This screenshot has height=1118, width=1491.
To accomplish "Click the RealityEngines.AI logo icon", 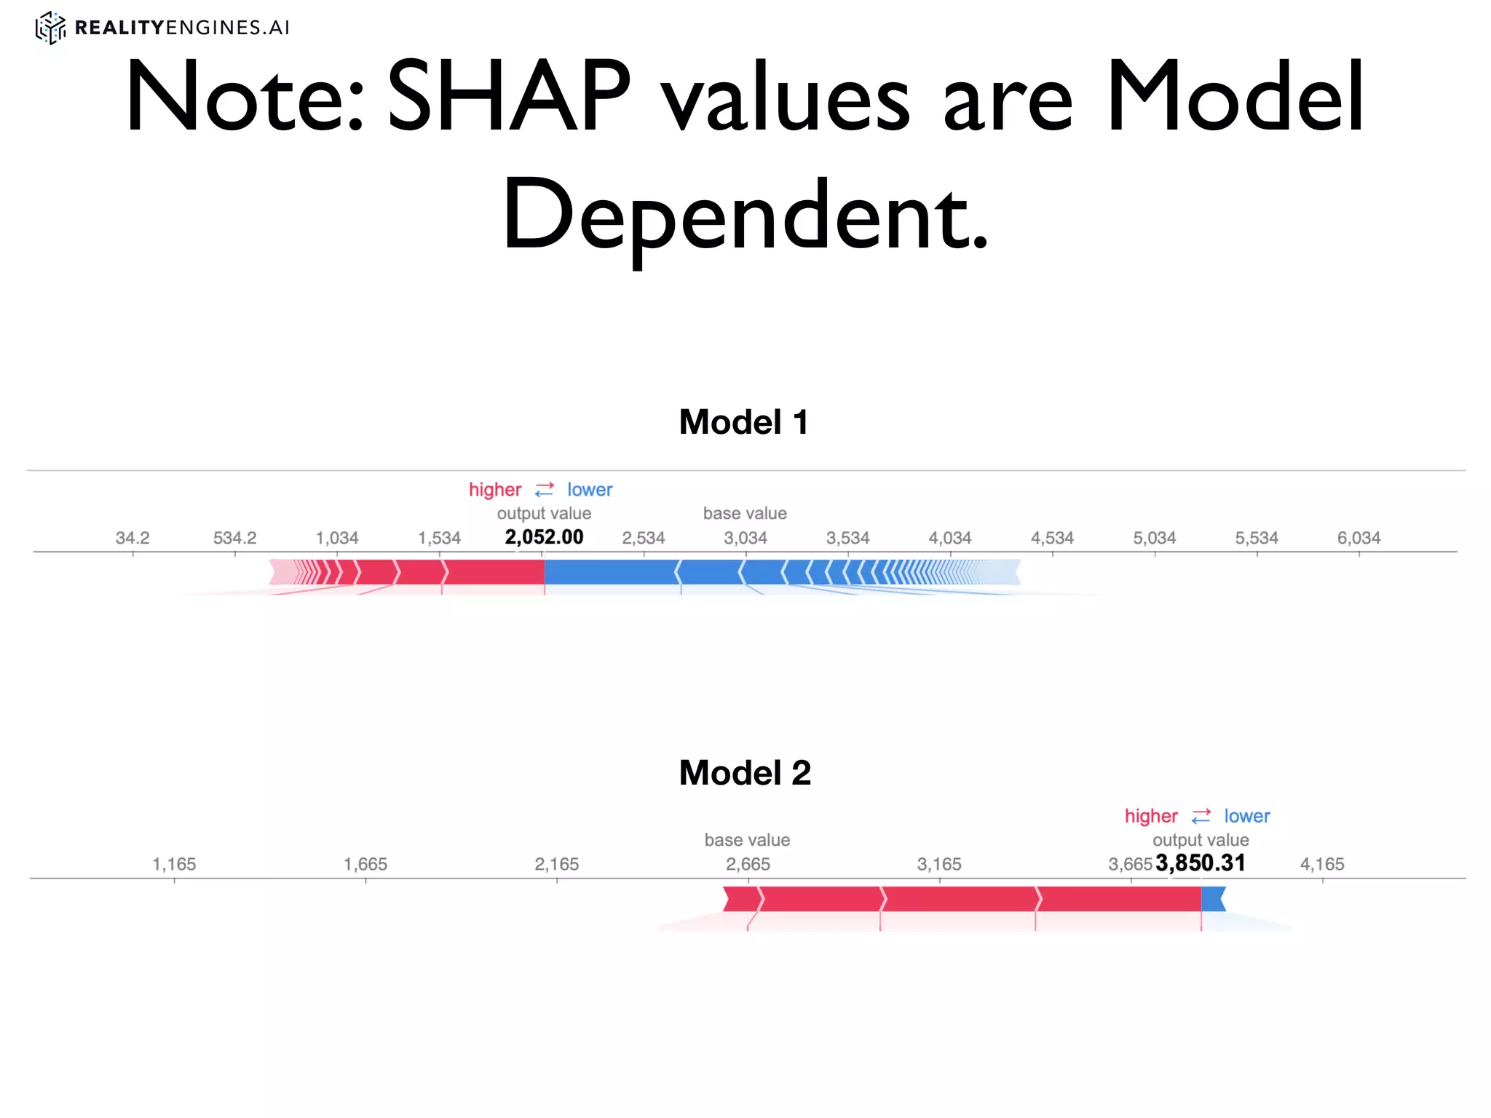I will click(50, 28).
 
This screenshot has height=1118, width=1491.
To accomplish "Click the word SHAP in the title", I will click(508, 97).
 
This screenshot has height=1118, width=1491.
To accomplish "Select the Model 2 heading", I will click(745, 773).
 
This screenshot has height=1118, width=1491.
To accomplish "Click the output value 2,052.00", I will click(544, 537).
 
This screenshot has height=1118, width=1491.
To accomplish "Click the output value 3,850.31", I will click(1201, 863).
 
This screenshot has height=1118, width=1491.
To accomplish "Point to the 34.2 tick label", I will click(133, 538).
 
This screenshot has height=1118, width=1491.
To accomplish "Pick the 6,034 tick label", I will click(1358, 538).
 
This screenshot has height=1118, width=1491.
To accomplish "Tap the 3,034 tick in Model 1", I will click(745, 538).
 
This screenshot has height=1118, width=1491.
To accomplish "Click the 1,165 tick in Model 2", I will click(174, 864).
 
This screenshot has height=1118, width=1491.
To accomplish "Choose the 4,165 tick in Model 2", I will click(1322, 864).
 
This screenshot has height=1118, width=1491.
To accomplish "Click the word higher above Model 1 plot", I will click(495, 490).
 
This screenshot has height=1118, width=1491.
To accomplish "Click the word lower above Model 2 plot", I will click(1246, 816).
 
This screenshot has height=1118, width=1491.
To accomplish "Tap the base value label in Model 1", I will click(745, 513).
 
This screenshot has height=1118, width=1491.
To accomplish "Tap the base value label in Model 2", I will click(747, 840).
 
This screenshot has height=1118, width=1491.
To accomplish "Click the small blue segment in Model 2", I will click(1212, 899).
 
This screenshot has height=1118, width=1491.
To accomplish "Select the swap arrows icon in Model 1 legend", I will click(545, 490).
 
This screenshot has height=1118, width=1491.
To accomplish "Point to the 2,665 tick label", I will click(748, 864).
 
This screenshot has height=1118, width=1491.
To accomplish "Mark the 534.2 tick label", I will click(234, 538).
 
